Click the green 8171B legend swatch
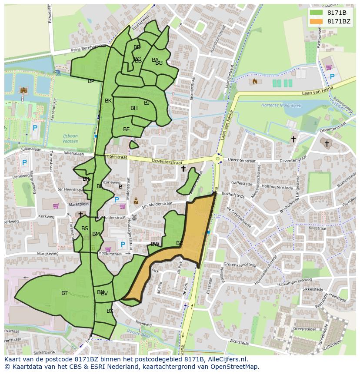[317, 12]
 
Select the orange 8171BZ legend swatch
[317, 21]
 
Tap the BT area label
[64, 293]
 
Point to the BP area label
[91, 81]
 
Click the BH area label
[134, 108]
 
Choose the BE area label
[126, 129]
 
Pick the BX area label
[110, 311]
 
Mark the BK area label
[108, 101]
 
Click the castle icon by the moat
[23, 90]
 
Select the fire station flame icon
[255, 81]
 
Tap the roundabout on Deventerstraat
[217, 159]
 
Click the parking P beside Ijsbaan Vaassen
[35, 128]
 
